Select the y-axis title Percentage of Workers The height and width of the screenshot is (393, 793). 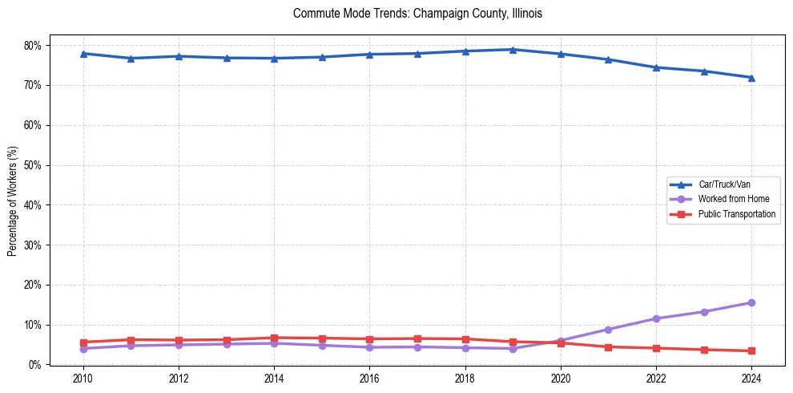coord(12,201)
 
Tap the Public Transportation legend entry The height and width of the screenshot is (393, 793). coord(736,214)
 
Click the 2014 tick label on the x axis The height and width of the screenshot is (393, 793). coord(274,379)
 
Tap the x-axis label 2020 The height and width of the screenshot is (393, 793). coord(561,379)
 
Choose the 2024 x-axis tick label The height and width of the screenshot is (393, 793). coord(751,379)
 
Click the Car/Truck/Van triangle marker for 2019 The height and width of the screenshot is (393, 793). coord(513,50)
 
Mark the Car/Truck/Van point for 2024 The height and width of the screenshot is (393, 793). coord(751,78)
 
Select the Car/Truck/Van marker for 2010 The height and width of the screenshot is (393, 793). coord(83,54)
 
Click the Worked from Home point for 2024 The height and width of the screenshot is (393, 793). coord(751,302)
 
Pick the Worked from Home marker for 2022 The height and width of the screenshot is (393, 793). coord(656,318)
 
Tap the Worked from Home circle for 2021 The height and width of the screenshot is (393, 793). coord(608,330)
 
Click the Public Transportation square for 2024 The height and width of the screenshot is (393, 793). coord(751,350)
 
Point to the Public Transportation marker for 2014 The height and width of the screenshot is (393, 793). coord(274,338)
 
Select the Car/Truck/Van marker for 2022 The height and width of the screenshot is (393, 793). coord(656,67)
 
